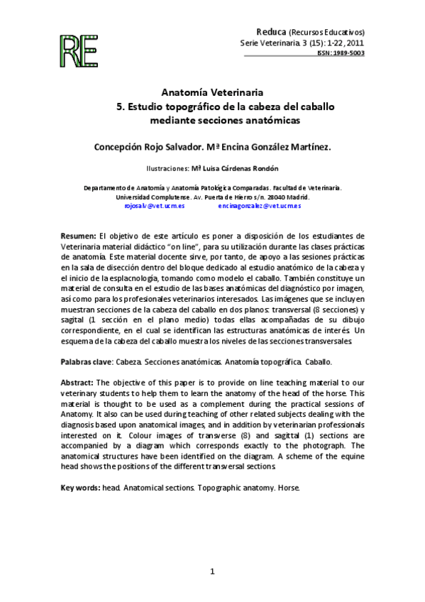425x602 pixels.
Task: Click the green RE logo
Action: point(80,49)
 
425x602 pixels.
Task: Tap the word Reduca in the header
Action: point(272,32)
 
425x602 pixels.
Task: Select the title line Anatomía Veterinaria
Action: point(213,92)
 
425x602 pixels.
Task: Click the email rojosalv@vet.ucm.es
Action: point(155,205)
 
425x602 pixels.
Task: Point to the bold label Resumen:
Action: point(79,235)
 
